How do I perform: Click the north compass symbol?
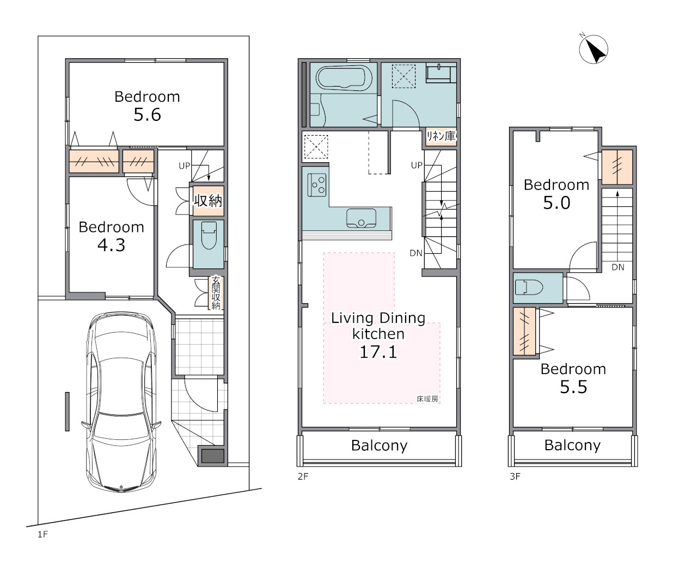coord(593,50)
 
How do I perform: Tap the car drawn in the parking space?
coord(121,402)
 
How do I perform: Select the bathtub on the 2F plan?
coord(344,78)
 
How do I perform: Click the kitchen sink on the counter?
coord(361,218)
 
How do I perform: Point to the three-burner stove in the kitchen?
coord(317,185)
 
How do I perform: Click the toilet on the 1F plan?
coord(209,235)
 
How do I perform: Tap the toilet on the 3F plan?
coord(529,287)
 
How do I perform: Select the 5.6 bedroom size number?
coord(147,115)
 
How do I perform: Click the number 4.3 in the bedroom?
coord(112,245)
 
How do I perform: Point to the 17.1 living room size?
coord(378,352)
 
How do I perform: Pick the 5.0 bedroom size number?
coord(557,203)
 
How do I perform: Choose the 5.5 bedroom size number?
coord(573,387)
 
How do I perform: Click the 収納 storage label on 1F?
coord(208,200)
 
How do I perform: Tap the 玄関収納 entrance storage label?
coord(216,293)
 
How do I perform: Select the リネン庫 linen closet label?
coord(441,136)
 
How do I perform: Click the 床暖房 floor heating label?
coord(427,399)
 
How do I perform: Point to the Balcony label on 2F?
coord(379,445)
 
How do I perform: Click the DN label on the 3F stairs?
coord(617,267)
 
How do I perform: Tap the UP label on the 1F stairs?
coord(185,166)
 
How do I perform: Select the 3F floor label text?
coord(515,476)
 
